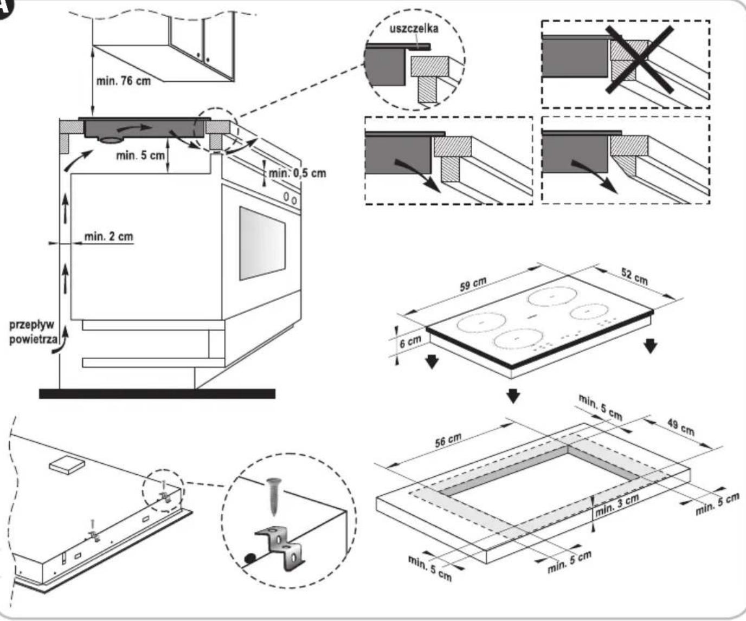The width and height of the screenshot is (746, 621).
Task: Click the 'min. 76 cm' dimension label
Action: [x=124, y=81]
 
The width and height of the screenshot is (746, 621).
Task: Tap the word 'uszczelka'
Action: [x=414, y=29]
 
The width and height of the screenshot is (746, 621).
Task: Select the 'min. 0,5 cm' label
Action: [x=297, y=173]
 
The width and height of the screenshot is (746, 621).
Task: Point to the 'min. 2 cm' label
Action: [x=108, y=236]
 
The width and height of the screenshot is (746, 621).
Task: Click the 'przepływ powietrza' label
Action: [x=33, y=332]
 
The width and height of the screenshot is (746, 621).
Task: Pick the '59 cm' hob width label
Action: [x=473, y=284]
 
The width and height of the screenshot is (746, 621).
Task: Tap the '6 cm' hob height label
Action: [x=410, y=341]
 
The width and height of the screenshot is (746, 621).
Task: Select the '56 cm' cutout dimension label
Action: [x=448, y=440]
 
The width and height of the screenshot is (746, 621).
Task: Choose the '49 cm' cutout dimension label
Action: [x=681, y=427]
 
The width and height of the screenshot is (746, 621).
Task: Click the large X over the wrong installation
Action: [x=640, y=59]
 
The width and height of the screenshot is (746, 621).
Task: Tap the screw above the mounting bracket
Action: [x=274, y=496]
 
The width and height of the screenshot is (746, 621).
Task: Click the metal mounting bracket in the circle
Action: [x=281, y=547]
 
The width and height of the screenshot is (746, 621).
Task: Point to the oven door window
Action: [x=262, y=243]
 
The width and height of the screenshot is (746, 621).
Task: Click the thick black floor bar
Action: [x=157, y=393]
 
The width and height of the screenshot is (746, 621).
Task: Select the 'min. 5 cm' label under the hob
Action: [x=140, y=156]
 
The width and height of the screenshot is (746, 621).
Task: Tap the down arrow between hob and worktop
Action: [x=513, y=396]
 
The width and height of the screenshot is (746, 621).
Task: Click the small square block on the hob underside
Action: [x=67, y=464]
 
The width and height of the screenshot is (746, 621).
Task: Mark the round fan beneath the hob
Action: [x=111, y=140]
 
